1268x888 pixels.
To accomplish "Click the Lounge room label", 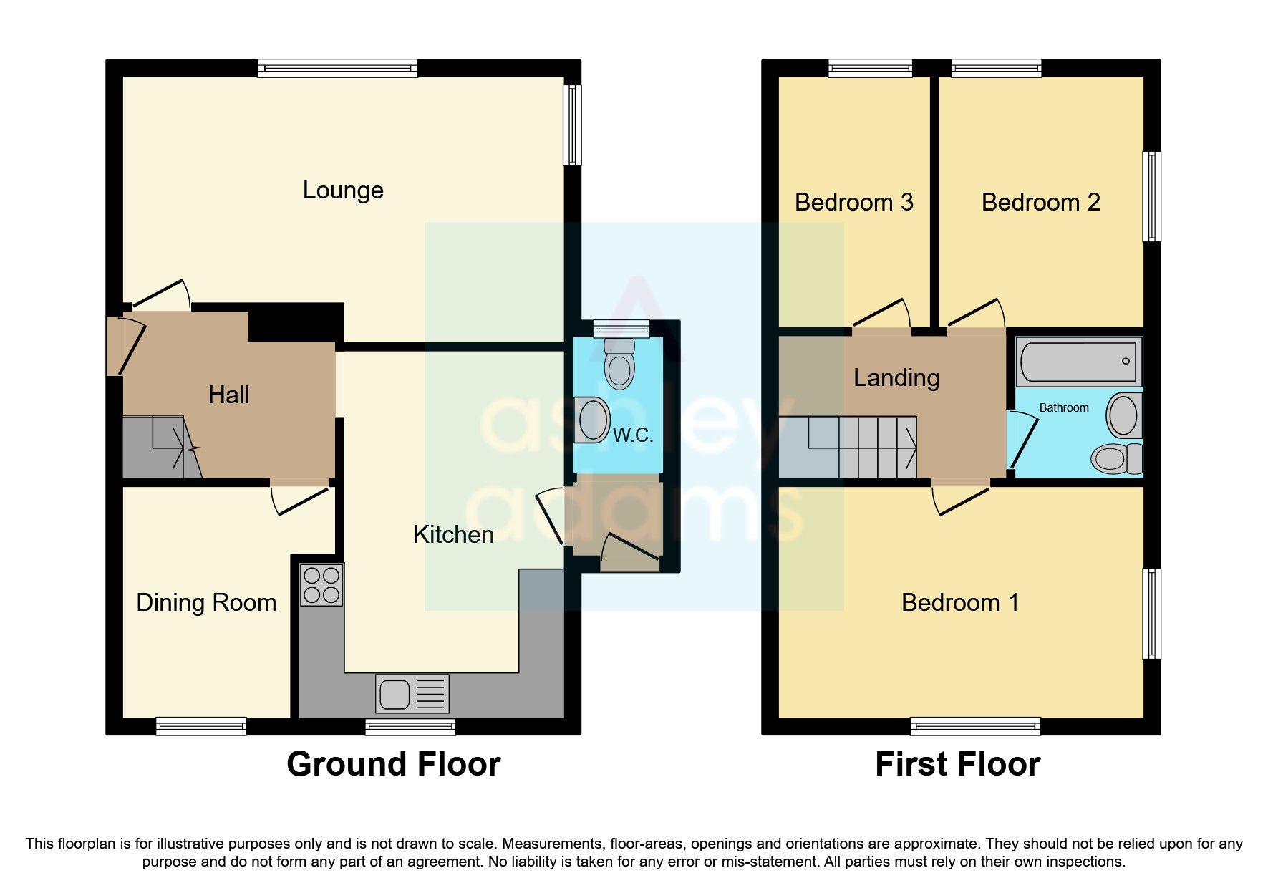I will [x=343, y=190].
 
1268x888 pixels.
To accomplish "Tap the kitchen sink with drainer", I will [x=412, y=694].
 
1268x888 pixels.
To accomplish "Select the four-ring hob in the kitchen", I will [x=321, y=585].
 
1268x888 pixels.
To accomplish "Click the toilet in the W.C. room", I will [x=619, y=363].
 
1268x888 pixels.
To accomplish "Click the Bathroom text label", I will [x=1063, y=408].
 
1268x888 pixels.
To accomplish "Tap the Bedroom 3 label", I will [x=853, y=203].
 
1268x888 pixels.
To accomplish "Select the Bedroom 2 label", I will [x=1040, y=203].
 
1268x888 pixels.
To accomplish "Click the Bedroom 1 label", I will [x=959, y=603].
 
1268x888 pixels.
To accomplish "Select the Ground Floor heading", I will [x=393, y=764].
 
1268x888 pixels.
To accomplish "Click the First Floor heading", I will [x=957, y=764].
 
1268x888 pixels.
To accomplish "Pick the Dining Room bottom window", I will [x=201, y=726].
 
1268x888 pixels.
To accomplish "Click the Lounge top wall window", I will [x=337, y=69].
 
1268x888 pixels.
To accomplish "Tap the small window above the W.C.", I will [x=621, y=328].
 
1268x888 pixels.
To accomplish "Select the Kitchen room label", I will [x=453, y=535].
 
